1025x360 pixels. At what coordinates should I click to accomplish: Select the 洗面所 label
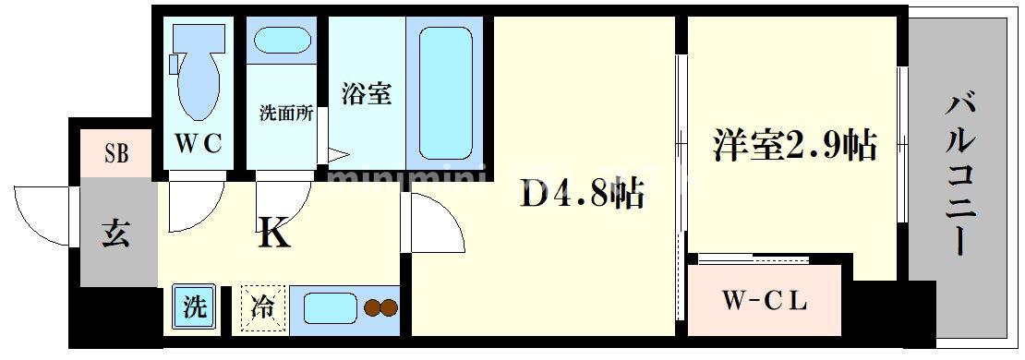[x=285, y=114]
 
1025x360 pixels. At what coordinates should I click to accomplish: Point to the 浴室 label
[x=367, y=93]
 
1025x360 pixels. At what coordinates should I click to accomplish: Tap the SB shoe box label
[x=116, y=153]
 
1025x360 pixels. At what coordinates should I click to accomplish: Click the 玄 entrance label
[x=116, y=232]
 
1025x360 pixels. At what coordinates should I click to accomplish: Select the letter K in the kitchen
[x=274, y=234]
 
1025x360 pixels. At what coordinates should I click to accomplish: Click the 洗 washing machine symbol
[x=194, y=306]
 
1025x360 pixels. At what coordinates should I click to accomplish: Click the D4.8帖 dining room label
[x=582, y=194]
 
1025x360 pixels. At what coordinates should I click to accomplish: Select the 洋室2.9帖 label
[x=792, y=146]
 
